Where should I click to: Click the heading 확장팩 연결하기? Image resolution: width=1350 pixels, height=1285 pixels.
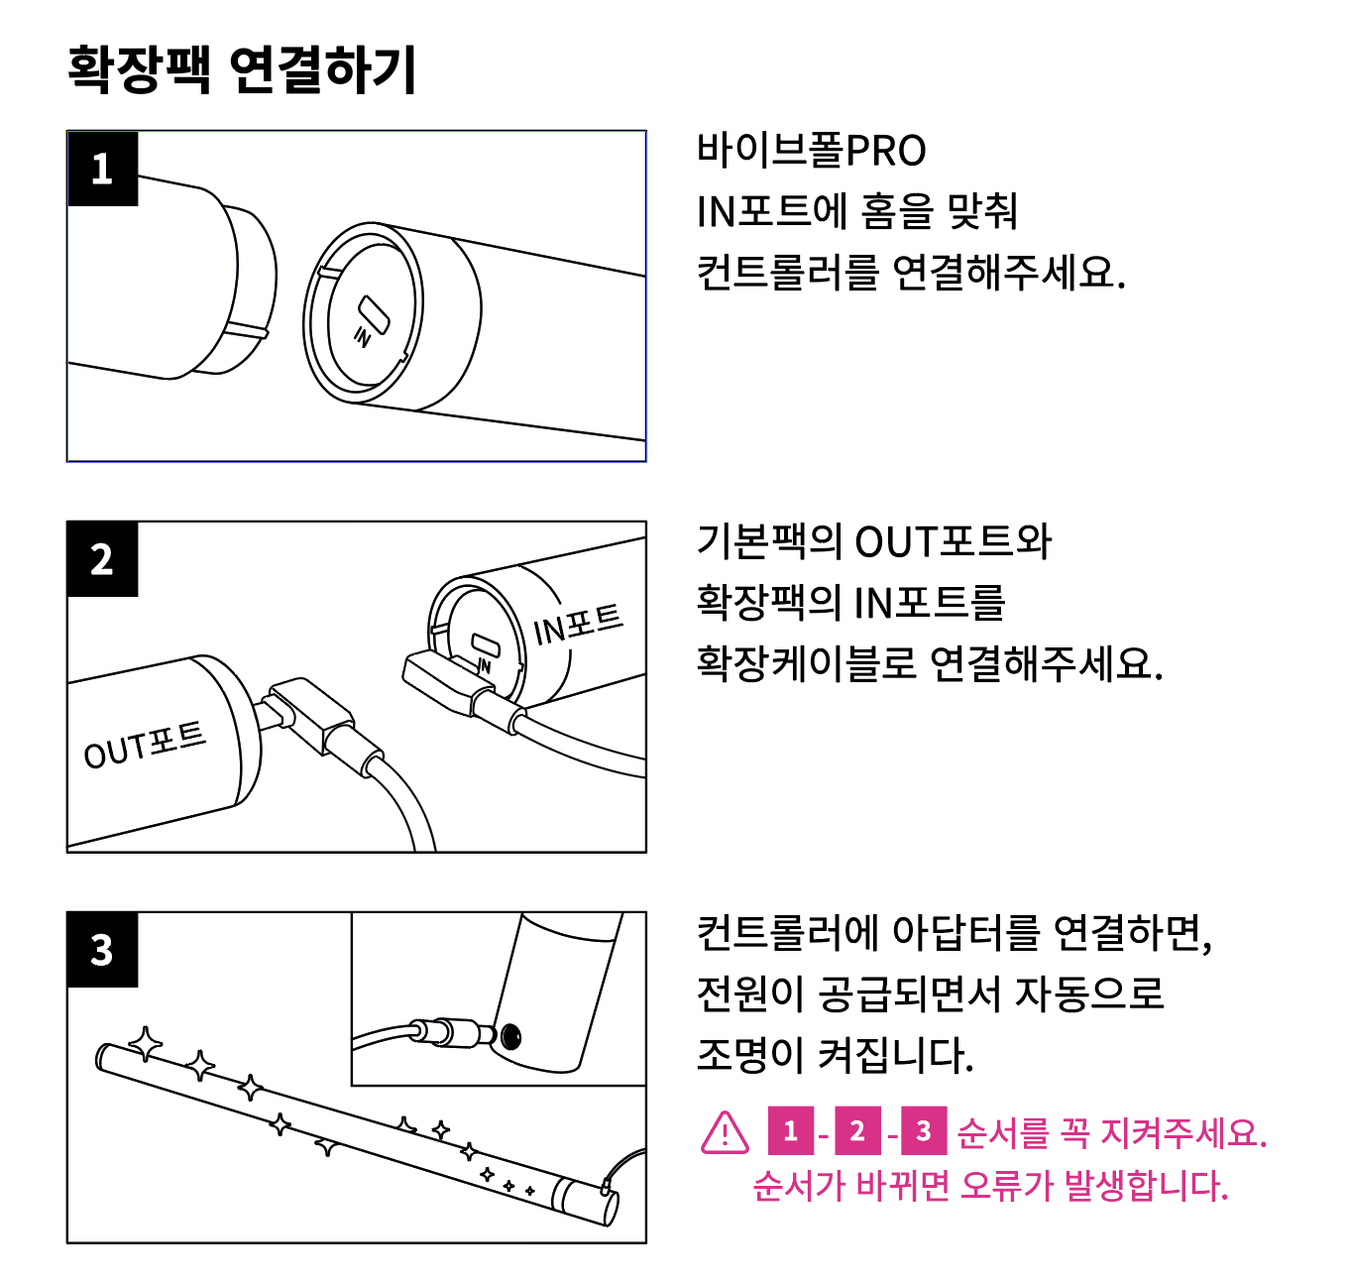click(x=242, y=69)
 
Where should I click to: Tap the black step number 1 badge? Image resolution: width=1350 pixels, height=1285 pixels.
click(x=102, y=169)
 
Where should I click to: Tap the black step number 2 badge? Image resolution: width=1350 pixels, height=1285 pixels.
click(x=102, y=559)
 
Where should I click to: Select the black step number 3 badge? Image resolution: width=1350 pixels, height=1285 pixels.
click(x=102, y=950)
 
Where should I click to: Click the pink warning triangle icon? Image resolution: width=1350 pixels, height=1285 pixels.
click(x=725, y=1132)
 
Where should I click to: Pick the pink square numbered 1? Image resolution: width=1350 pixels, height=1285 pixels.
click(x=790, y=1131)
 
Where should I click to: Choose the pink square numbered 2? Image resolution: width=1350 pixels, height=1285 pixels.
click(x=857, y=1131)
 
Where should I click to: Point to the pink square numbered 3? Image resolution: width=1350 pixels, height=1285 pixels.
click(x=924, y=1131)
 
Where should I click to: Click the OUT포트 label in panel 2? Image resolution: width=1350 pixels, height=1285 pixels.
click(x=145, y=745)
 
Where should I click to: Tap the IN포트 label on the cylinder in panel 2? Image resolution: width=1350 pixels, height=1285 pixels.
click(x=578, y=624)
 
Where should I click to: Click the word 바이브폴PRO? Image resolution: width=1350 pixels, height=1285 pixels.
click(x=811, y=151)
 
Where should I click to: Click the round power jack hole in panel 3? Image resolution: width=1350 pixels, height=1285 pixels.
click(x=510, y=1037)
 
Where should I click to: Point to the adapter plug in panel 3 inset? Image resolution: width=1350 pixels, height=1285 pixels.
click(x=451, y=1032)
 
